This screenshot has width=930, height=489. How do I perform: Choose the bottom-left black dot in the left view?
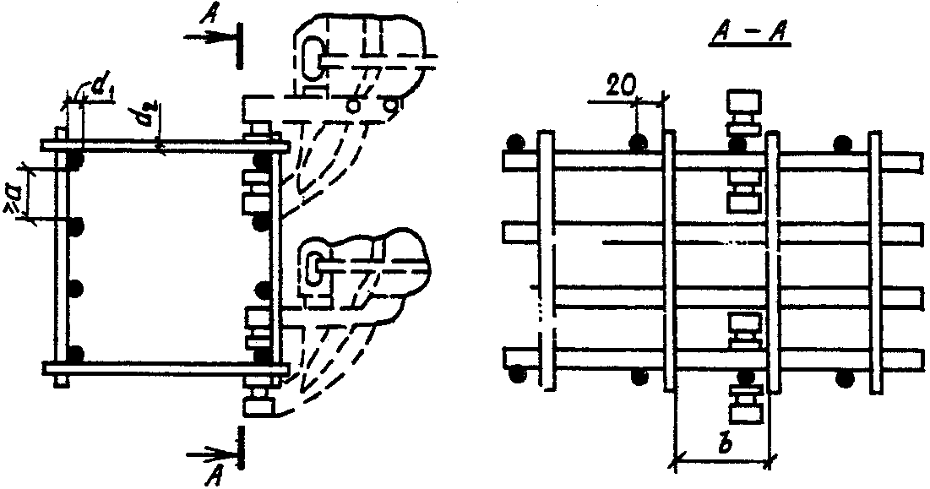(77, 352)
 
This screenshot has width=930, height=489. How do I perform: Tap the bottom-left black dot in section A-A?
(515, 373)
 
